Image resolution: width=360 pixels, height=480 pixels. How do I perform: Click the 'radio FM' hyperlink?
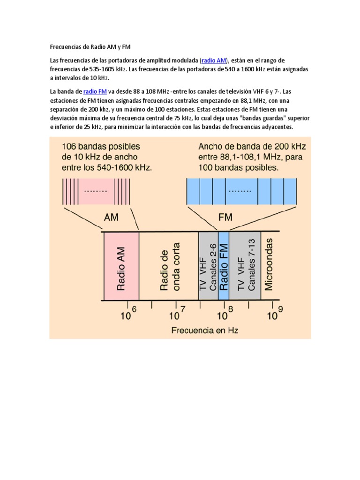95,91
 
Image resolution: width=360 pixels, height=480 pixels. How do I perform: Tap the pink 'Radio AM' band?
121,266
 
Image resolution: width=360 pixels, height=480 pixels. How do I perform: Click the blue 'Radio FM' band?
223,266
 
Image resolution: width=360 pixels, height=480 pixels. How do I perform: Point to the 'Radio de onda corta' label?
169,266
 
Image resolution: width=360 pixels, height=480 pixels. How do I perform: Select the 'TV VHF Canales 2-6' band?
208,266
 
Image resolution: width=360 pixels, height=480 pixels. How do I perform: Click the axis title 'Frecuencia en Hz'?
205,330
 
